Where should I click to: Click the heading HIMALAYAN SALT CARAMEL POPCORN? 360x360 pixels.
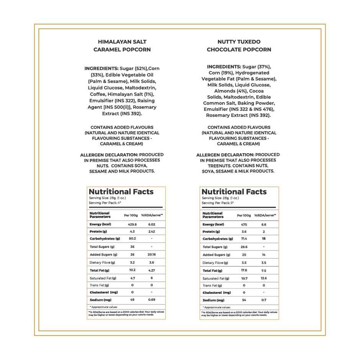point(122,46)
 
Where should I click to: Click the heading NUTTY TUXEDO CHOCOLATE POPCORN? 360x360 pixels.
point(239,46)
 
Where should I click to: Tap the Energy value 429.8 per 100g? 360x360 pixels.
point(132,224)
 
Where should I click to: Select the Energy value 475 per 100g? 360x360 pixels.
point(244,224)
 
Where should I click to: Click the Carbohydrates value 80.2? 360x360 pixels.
point(132,239)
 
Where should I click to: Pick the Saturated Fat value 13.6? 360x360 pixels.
point(263,278)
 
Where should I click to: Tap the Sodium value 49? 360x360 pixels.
point(132,299)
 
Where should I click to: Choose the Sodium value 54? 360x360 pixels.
point(244,300)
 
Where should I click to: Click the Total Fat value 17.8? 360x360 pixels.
point(244,271)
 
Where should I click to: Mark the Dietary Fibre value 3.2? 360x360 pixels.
point(132,263)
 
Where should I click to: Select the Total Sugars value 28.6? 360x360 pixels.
point(244,247)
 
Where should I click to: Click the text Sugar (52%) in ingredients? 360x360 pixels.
point(134,69)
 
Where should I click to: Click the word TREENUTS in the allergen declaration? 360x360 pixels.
point(220,166)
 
